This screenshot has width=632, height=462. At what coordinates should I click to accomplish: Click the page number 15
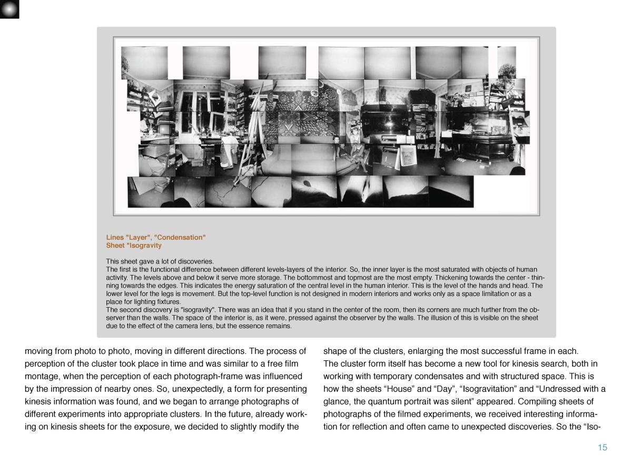(x=602, y=447)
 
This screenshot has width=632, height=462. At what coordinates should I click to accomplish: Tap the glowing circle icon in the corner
(x=9, y=9)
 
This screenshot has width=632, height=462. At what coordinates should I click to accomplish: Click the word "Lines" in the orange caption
(x=115, y=237)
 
